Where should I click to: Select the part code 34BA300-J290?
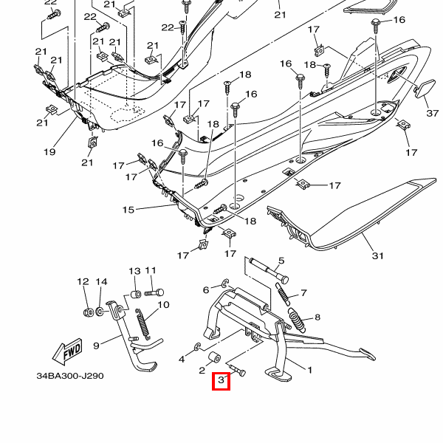pyautogui.click(x=70, y=376)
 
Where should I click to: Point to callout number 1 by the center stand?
pyautogui.click(x=310, y=370)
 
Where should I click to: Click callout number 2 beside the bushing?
pyautogui.click(x=202, y=370)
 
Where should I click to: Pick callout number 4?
pyautogui.click(x=182, y=360)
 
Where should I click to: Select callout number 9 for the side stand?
pyautogui.click(x=95, y=345)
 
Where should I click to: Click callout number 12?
pyautogui.click(x=83, y=281)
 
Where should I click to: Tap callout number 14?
pyautogui.click(x=102, y=281)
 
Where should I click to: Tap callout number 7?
pyautogui.click(x=303, y=293)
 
